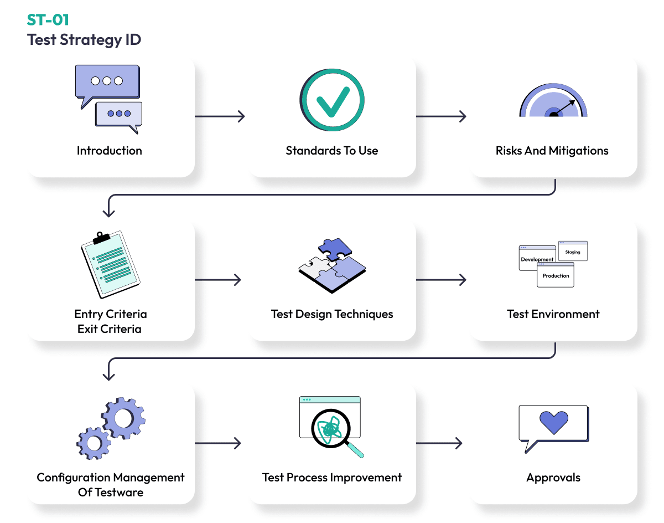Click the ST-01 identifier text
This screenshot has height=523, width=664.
click(48, 20)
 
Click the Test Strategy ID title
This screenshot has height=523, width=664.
click(84, 40)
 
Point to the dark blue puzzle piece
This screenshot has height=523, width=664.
click(335, 249)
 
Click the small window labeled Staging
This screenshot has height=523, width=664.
click(573, 252)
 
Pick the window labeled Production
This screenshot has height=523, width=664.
click(556, 276)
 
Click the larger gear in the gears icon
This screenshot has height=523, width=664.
click(123, 418)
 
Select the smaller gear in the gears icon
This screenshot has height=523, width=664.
click(94, 442)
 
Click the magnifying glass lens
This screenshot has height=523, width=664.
click(330, 429)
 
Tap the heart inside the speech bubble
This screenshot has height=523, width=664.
click(553, 422)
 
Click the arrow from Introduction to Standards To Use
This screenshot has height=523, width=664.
click(220, 116)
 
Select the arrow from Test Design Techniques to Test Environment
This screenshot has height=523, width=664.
click(441, 280)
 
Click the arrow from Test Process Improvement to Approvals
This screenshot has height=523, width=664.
click(439, 443)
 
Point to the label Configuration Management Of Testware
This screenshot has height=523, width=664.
click(111, 485)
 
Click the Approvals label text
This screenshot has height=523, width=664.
click(553, 478)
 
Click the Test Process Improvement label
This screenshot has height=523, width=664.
click(332, 478)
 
